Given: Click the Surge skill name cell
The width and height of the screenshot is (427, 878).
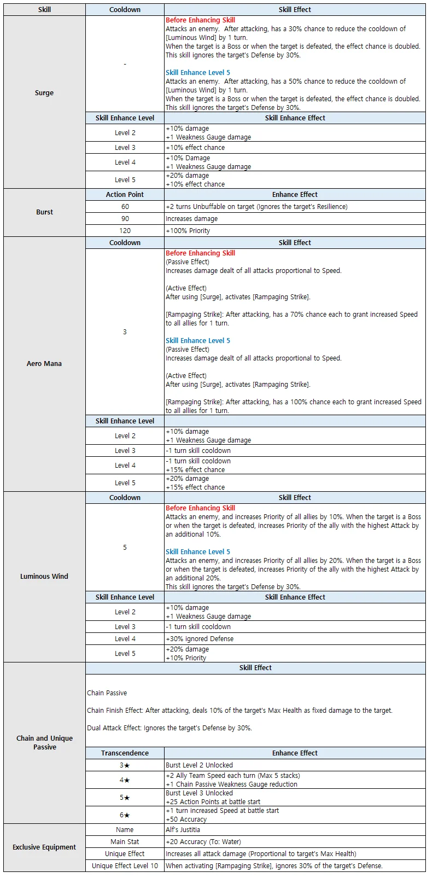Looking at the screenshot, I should pyautogui.click(x=44, y=93).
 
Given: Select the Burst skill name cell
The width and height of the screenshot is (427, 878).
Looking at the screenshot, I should pyautogui.click(x=44, y=212).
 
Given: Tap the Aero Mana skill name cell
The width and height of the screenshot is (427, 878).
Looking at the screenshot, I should pyautogui.click(x=44, y=364).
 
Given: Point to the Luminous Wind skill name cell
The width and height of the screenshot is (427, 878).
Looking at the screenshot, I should pyautogui.click(x=44, y=577).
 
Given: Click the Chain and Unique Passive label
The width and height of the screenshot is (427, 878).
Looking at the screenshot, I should pyautogui.click(x=44, y=743).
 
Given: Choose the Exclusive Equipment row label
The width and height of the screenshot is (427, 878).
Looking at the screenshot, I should pyautogui.click(x=44, y=847).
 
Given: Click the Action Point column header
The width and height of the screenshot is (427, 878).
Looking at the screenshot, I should pyautogui.click(x=125, y=195).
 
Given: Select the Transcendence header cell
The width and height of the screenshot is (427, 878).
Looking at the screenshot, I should pyautogui.click(x=125, y=753).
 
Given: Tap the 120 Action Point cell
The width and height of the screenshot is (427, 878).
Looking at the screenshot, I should pyautogui.click(x=125, y=231).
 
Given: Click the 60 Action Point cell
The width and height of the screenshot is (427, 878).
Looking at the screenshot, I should pyautogui.click(x=125, y=207).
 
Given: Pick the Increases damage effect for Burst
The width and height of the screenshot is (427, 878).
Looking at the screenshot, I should pyautogui.click(x=192, y=219).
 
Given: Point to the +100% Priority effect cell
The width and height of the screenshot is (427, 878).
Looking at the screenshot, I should pyautogui.click(x=188, y=231).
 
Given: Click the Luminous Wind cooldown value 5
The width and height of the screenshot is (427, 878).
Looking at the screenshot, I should pyautogui.click(x=125, y=548).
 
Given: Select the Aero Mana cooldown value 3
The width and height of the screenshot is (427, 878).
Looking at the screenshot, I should pyautogui.click(x=125, y=332).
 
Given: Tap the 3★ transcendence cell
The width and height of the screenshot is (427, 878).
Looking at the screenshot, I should pyautogui.click(x=125, y=765).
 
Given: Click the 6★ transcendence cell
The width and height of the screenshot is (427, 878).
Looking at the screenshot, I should pyautogui.click(x=125, y=815).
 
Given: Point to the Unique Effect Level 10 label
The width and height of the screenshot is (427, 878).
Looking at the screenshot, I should pyautogui.click(x=125, y=866).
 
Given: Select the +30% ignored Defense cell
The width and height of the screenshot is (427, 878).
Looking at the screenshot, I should pyautogui.click(x=200, y=639).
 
